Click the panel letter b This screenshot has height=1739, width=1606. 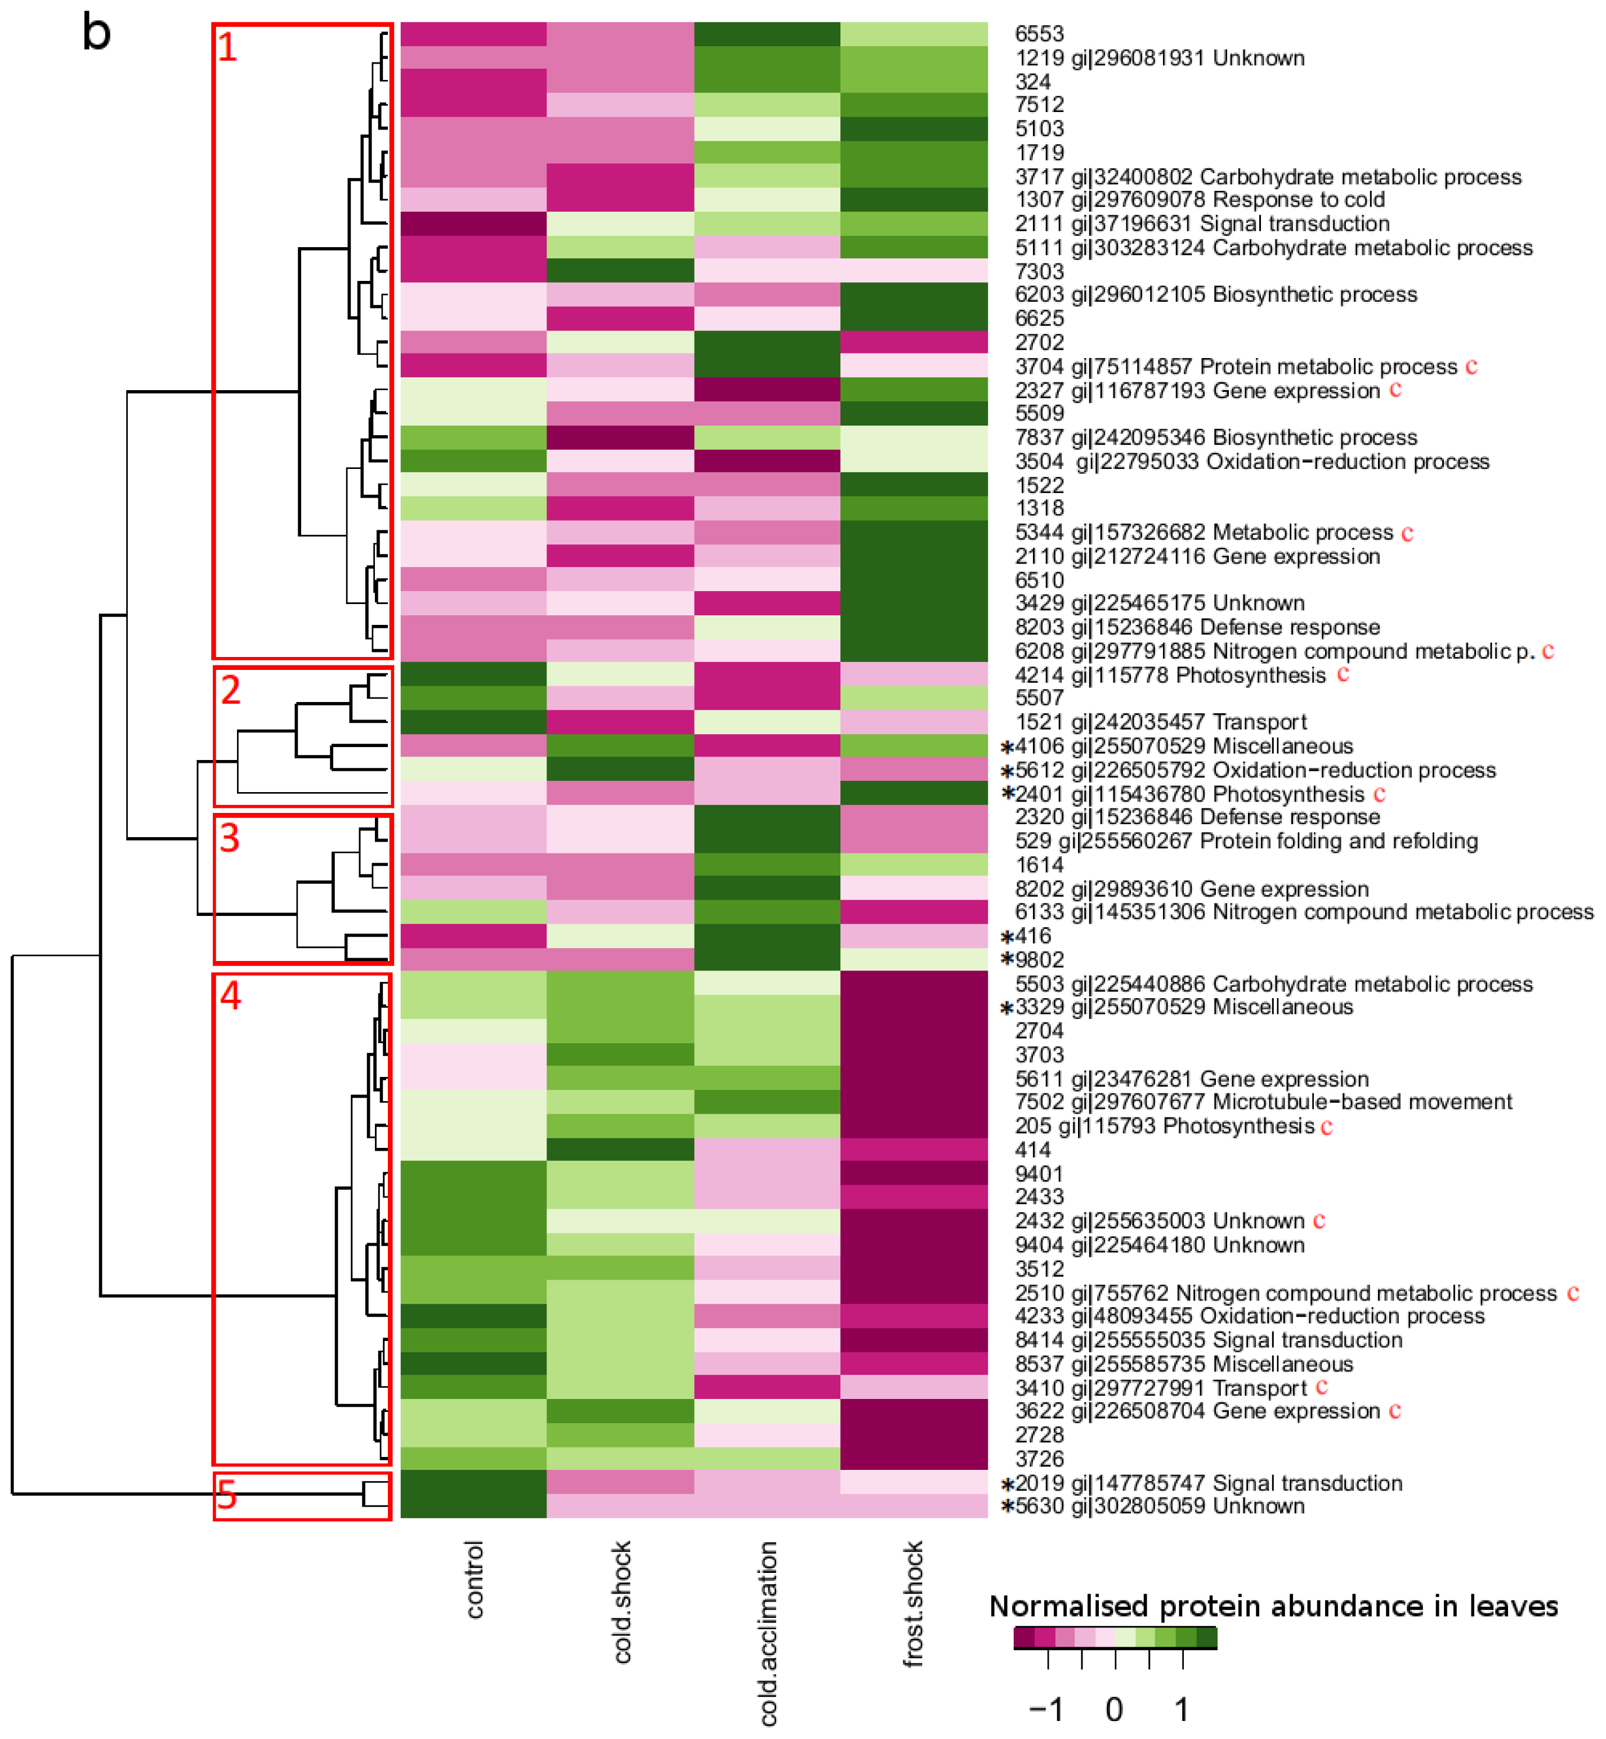click(96, 33)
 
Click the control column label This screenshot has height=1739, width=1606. click(473, 1580)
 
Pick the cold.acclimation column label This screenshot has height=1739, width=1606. click(768, 1633)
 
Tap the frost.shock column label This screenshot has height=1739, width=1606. click(914, 1603)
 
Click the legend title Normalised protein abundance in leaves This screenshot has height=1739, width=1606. click(1273, 1606)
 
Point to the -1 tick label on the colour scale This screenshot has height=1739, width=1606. click(1046, 1710)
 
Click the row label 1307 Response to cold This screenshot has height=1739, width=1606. click(1199, 200)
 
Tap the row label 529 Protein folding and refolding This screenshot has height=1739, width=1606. click(1246, 841)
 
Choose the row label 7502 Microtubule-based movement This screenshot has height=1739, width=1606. click(1264, 1102)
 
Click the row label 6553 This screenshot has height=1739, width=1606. click(1039, 34)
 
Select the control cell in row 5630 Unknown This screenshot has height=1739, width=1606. click(473, 1506)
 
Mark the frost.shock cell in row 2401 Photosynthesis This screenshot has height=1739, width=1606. click(914, 793)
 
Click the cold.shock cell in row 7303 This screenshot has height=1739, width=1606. click(620, 271)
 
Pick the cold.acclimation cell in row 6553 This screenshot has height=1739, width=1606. click(767, 34)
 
